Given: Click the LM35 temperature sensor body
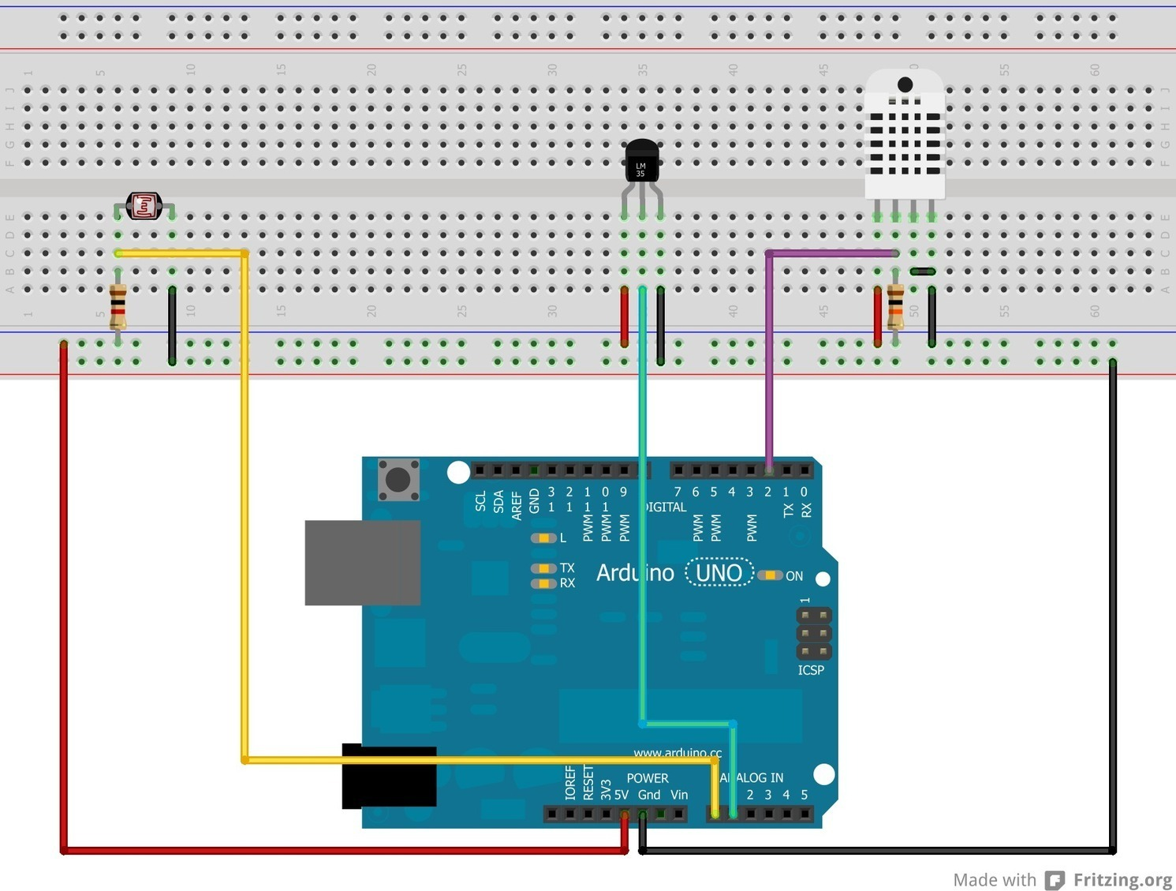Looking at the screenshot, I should click(x=641, y=161).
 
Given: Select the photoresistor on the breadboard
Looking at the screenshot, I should click(x=144, y=206).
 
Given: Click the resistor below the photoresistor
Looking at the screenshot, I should click(x=118, y=307).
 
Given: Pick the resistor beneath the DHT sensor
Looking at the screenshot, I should click(x=896, y=307).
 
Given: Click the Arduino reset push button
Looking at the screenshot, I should click(x=398, y=479).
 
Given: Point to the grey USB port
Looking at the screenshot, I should click(x=362, y=563).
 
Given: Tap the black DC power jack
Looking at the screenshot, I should click(x=389, y=777).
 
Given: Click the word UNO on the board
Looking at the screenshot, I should click(x=719, y=572).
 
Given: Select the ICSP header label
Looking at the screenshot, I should click(x=811, y=670).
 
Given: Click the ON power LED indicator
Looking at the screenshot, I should click(x=770, y=575).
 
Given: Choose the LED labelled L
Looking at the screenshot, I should click(x=543, y=538).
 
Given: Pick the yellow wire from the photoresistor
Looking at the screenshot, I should click(x=245, y=505).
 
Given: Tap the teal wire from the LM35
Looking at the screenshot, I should click(x=643, y=505).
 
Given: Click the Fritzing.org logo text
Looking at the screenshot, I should click(x=1122, y=879).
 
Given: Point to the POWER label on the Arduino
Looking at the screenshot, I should click(x=648, y=778).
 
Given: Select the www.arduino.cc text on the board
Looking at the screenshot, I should click(x=677, y=753).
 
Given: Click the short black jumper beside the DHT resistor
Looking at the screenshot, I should click(x=923, y=271).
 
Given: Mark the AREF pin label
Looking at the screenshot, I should click(x=517, y=505).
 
